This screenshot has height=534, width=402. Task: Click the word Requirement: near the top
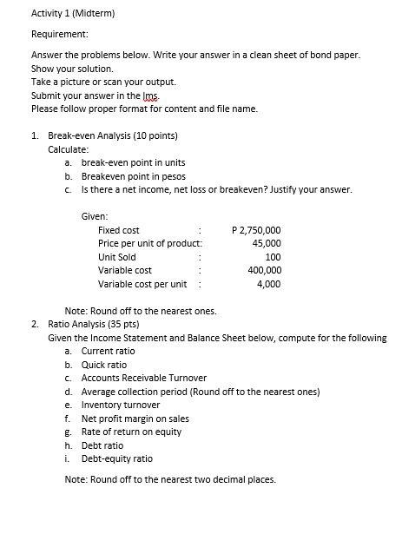(x=59, y=34)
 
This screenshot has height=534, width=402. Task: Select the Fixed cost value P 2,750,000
(x=257, y=230)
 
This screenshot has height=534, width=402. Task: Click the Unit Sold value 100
(x=273, y=257)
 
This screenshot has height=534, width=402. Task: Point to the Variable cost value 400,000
(x=264, y=270)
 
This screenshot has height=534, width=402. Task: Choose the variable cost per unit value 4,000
(x=268, y=284)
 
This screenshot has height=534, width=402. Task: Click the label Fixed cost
(x=119, y=230)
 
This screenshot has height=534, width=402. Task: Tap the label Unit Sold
(x=117, y=257)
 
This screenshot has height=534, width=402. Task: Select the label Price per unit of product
(x=149, y=243)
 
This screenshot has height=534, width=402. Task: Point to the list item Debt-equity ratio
(x=116, y=458)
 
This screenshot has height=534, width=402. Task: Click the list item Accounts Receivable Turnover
(x=143, y=378)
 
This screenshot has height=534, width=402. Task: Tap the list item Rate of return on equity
(x=131, y=432)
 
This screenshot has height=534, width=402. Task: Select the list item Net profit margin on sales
(x=135, y=419)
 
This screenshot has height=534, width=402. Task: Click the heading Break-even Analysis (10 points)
(x=113, y=135)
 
